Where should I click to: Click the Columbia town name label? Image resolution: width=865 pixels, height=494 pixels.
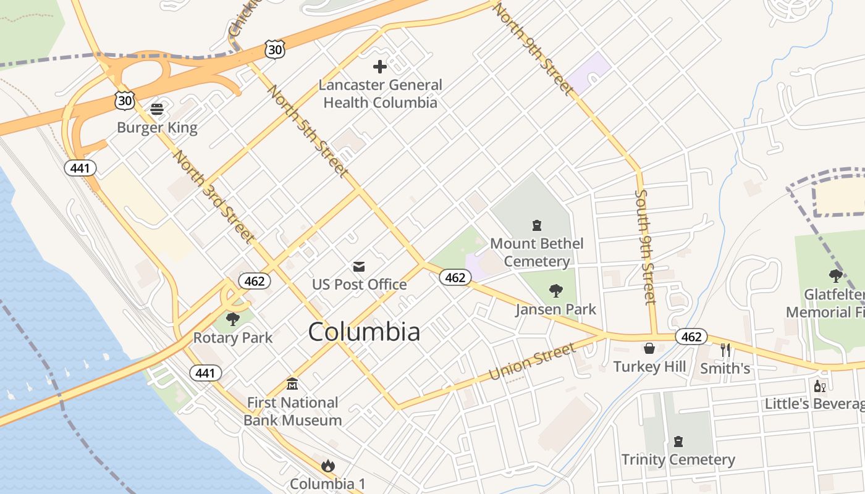[364, 332]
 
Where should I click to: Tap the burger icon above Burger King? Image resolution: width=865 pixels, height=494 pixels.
[157, 109]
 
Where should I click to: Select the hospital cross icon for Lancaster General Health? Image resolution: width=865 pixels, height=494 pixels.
[380, 66]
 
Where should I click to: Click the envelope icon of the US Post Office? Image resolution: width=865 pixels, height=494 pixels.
[358, 266]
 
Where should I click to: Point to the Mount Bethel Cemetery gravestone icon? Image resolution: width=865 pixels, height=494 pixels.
[536, 225]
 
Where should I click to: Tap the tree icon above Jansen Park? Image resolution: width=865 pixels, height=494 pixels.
[555, 290]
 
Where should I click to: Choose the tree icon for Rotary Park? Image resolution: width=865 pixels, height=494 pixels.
[232, 319]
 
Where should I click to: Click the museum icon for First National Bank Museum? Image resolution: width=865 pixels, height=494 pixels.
[292, 384]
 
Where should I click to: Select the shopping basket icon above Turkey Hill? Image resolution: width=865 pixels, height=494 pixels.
[649, 348]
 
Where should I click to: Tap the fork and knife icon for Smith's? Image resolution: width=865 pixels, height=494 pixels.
[725, 350]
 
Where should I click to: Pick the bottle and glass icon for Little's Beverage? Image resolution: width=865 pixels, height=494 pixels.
[820, 386]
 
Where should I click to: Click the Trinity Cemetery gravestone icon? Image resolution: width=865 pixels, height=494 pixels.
[678, 441]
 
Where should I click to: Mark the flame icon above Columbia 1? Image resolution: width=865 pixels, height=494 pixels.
[328, 465]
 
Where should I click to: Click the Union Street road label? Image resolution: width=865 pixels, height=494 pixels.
[531, 362]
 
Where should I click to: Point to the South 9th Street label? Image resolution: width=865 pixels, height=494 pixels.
[645, 247]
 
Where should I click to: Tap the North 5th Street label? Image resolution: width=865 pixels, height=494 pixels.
[307, 132]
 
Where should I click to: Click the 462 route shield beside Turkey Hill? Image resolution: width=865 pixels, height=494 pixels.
[691, 337]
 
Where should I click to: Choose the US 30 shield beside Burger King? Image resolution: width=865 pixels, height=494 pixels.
[124, 100]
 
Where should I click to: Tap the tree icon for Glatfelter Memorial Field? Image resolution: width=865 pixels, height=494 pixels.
[836, 275]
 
